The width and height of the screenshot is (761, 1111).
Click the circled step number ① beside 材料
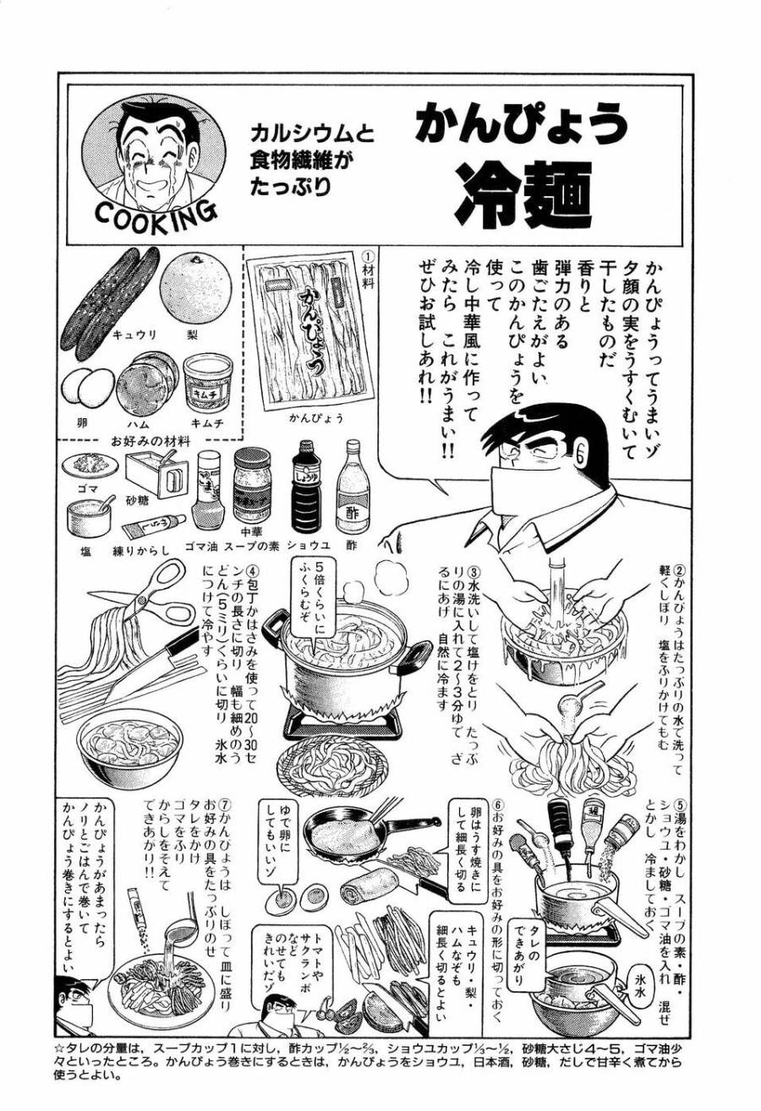[366, 256]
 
